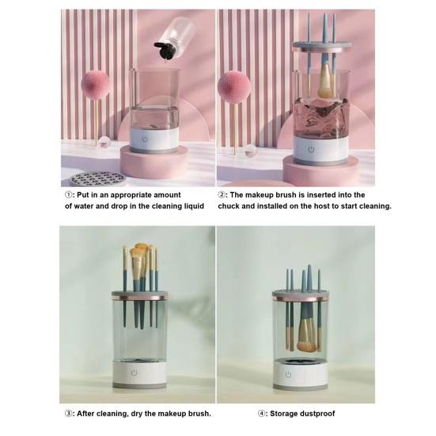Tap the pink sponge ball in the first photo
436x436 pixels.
click(98, 86)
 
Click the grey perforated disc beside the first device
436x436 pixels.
click(97, 177)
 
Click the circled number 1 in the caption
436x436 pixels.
click(68, 195)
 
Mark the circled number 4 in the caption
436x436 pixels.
click(263, 412)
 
